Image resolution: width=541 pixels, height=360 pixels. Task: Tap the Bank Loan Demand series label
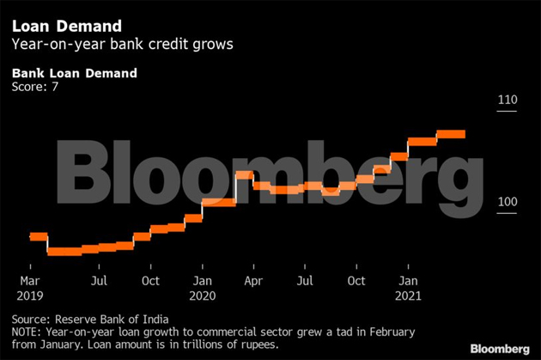pos(74,73)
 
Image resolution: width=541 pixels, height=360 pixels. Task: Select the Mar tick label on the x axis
pos(30,281)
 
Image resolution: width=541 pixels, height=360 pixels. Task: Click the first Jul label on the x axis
pos(100,281)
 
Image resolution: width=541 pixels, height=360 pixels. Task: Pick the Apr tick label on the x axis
pos(253,281)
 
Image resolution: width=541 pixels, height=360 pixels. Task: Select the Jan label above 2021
pos(410,281)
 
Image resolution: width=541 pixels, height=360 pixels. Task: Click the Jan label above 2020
pos(203,281)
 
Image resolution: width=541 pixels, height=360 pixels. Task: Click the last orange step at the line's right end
pos(451,133)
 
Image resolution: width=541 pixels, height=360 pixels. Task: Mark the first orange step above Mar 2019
pos(38,236)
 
